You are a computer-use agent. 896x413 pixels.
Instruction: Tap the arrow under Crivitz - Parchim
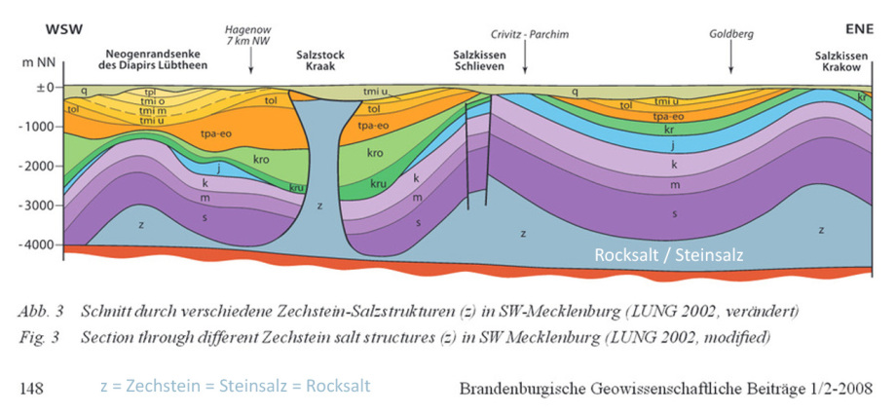(x=525, y=63)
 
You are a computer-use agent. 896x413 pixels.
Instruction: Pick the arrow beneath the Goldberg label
(x=730, y=63)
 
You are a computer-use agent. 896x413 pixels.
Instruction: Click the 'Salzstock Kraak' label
(x=319, y=61)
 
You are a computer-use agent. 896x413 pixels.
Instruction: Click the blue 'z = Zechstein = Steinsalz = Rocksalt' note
(x=235, y=386)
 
